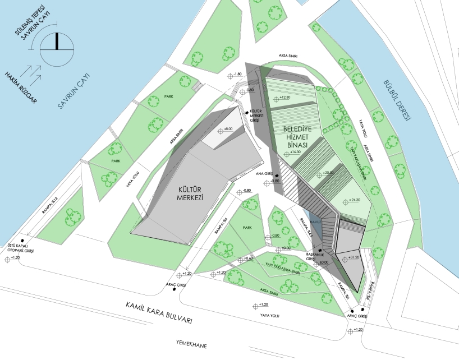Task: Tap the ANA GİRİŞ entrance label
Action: pyautogui.click(x=268, y=174)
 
